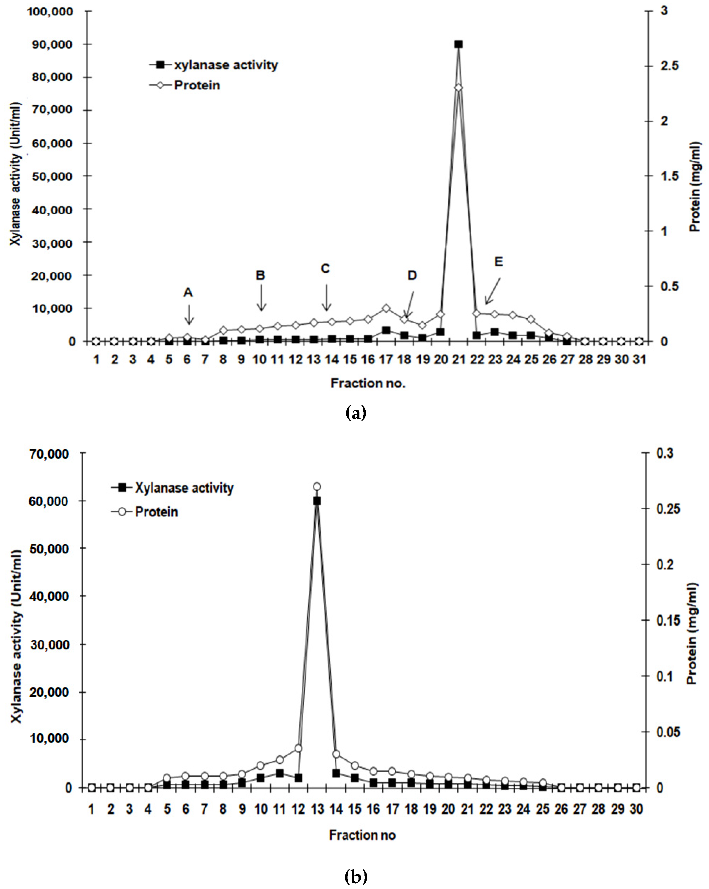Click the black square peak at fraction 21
point(458,44)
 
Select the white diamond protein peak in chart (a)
point(458,88)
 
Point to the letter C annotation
point(326,269)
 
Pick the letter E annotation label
point(499,262)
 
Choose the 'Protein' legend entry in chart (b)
point(156,512)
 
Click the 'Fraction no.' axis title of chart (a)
point(368,383)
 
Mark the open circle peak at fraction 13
point(317,487)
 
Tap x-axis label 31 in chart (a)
point(639,360)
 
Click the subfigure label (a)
point(355,412)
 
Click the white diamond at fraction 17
point(386,308)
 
